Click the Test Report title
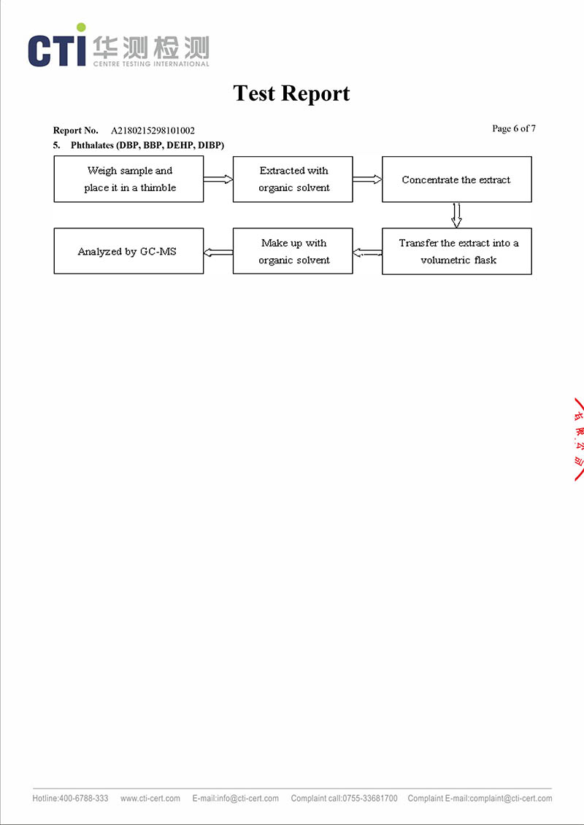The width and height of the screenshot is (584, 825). [x=291, y=93]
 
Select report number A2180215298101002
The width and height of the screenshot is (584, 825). [x=153, y=131]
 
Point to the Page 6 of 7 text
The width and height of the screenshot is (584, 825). [x=514, y=129]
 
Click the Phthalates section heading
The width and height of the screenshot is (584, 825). [x=147, y=145]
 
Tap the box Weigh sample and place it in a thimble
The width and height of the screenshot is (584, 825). [x=128, y=179]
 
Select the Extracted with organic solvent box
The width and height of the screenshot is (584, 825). [x=293, y=179]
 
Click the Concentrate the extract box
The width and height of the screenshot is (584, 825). [x=456, y=179]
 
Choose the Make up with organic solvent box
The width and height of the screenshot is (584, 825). [x=293, y=252]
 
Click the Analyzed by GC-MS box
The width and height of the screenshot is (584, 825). [x=128, y=252]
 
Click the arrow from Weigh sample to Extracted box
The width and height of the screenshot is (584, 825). [x=218, y=179]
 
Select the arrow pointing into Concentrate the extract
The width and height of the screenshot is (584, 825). [x=367, y=179]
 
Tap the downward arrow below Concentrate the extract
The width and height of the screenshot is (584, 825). [x=457, y=215]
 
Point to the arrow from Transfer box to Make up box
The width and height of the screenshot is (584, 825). [x=367, y=252]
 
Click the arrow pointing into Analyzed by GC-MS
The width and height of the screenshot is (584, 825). [x=218, y=252]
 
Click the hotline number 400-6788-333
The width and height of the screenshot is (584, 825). [x=83, y=799]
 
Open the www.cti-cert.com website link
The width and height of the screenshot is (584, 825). [x=150, y=799]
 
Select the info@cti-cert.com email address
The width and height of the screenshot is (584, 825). [x=247, y=799]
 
